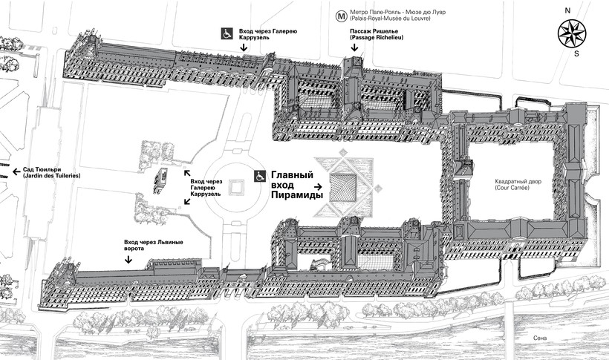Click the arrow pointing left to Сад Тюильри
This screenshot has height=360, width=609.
pyautogui.click(x=16, y=171)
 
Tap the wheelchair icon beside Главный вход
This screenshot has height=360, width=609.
pyautogui.click(x=261, y=176)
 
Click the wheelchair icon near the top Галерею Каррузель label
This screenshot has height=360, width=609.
pyautogui.click(x=226, y=33)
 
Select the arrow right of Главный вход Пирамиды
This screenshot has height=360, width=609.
pyautogui.click(x=318, y=188)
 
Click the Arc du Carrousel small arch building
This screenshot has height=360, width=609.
pyautogui.click(x=159, y=182)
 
